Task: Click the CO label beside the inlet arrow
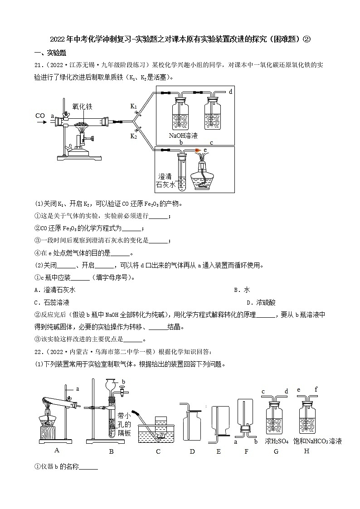click(39, 116)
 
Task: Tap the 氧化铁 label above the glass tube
click(82, 107)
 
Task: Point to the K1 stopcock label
click(134, 106)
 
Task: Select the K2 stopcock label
click(134, 136)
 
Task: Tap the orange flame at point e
click(198, 149)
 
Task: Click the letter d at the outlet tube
click(230, 92)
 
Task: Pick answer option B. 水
click(242, 290)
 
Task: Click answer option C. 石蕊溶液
click(52, 302)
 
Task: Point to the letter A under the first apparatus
click(57, 450)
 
